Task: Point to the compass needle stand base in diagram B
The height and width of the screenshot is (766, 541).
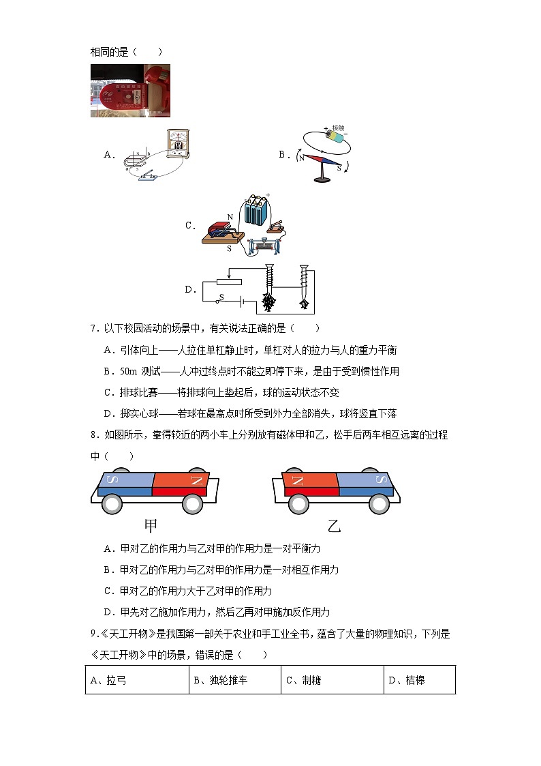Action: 320,179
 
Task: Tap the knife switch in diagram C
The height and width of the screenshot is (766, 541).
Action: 279,226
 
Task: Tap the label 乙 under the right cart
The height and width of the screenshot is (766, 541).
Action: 333,526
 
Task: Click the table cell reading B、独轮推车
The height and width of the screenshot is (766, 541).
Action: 234,680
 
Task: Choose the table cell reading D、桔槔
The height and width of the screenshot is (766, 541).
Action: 419,680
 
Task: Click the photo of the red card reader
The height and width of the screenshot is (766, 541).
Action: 130,91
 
